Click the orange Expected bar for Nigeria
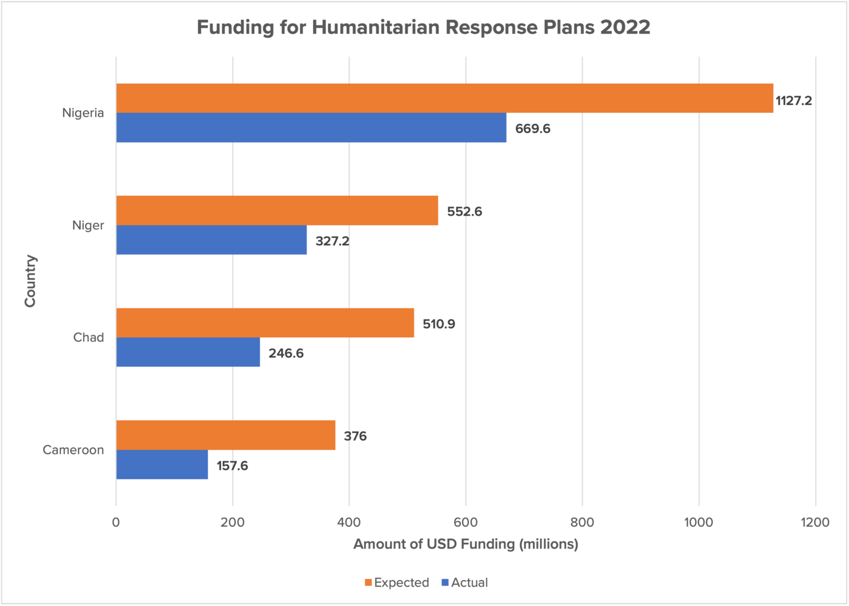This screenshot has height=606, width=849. (x=444, y=98)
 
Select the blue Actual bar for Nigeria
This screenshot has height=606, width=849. (x=311, y=127)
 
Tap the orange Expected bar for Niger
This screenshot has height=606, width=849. (x=277, y=210)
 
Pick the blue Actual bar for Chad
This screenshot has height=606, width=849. (x=188, y=352)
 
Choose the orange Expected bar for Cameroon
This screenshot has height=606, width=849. (x=226, y=435)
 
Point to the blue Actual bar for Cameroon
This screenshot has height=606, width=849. (x=162, y=464)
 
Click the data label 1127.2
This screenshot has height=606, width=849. (x=793, y=101)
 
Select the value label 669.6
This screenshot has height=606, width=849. (x=532, y=129)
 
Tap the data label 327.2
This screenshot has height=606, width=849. (x=332, y=241)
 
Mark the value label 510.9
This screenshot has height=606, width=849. (x=439, y=324)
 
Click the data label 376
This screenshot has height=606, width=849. (x=355, y=436)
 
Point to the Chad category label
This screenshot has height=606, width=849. (x=88, y=337)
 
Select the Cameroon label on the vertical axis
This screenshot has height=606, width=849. (x=73, y=450)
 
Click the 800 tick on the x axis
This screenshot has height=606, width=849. (x=582, y=522)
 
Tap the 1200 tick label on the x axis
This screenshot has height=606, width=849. (x=815, y=522)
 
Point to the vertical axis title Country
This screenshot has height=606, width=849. (x=30, y=281)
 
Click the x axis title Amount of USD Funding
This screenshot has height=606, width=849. (x=465, y=544)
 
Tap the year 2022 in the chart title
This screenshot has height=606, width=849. (x=625, y=27)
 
